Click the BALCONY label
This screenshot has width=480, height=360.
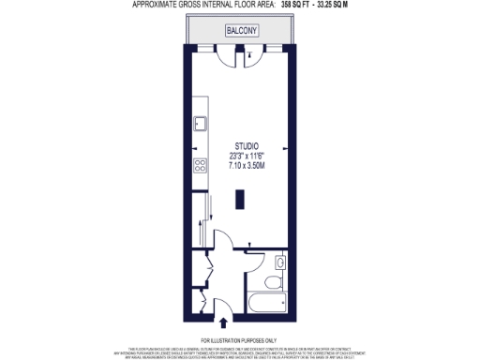[241, 32]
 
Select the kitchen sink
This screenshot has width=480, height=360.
[199, 122]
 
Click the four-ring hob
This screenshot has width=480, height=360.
[199, 166]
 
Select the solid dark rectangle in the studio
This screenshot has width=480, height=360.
[242, 201]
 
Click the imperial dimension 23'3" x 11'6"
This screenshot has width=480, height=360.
[247, 156]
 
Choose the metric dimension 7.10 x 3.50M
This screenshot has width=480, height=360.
[247, 166]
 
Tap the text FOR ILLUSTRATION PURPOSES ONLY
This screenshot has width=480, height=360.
[240, 339]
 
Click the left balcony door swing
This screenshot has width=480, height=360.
[225, 56]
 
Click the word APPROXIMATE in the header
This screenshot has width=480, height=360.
[156, 5]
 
